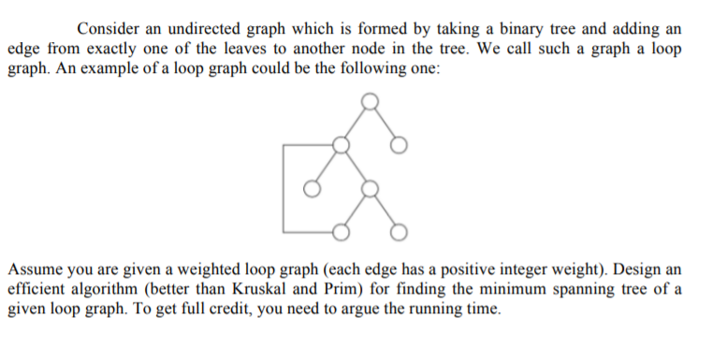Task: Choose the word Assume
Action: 35,266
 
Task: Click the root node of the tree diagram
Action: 371,100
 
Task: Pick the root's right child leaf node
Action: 400,145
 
